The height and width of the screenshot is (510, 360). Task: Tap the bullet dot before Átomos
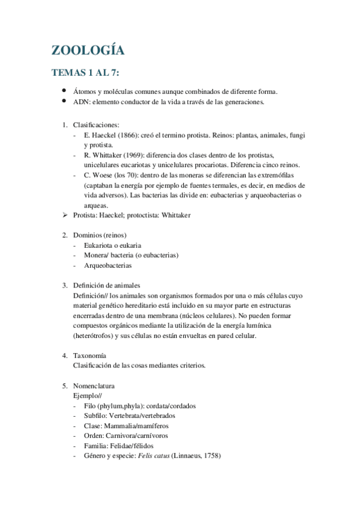tap(64, 91)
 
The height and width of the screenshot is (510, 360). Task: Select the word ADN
tap(80, 102)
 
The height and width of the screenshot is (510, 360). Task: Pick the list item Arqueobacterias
tap(108, 265)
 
